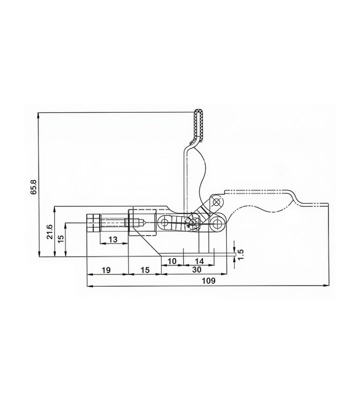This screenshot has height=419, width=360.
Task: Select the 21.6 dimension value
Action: (x=50, y=232)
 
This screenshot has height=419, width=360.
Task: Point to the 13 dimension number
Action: (x=113, y=239)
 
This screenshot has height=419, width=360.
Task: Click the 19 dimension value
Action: (x=106, y=270)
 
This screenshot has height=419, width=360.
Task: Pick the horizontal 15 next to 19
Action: (x=145, y=270)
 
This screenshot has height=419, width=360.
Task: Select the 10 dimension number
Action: (x=172, y=261)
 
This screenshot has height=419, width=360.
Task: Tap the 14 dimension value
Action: (x=199, y=261)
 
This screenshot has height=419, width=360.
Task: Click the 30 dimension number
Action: (x=197, y=270)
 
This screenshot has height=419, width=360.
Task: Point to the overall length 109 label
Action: (x=209, y=281)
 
